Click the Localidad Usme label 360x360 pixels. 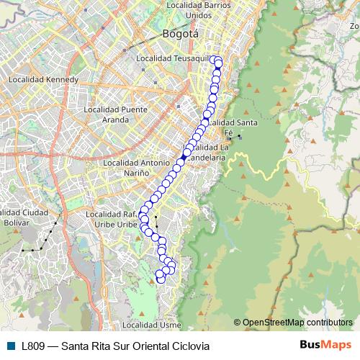tap(152, 325)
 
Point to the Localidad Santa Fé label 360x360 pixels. tap(228, 127)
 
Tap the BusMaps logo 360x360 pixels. tap(325, 346)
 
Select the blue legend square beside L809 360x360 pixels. tap(10, 346)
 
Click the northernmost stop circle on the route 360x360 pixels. tap(217, 60)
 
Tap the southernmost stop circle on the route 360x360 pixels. tap(161, 279)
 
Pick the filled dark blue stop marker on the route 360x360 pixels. tap(184, 154)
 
